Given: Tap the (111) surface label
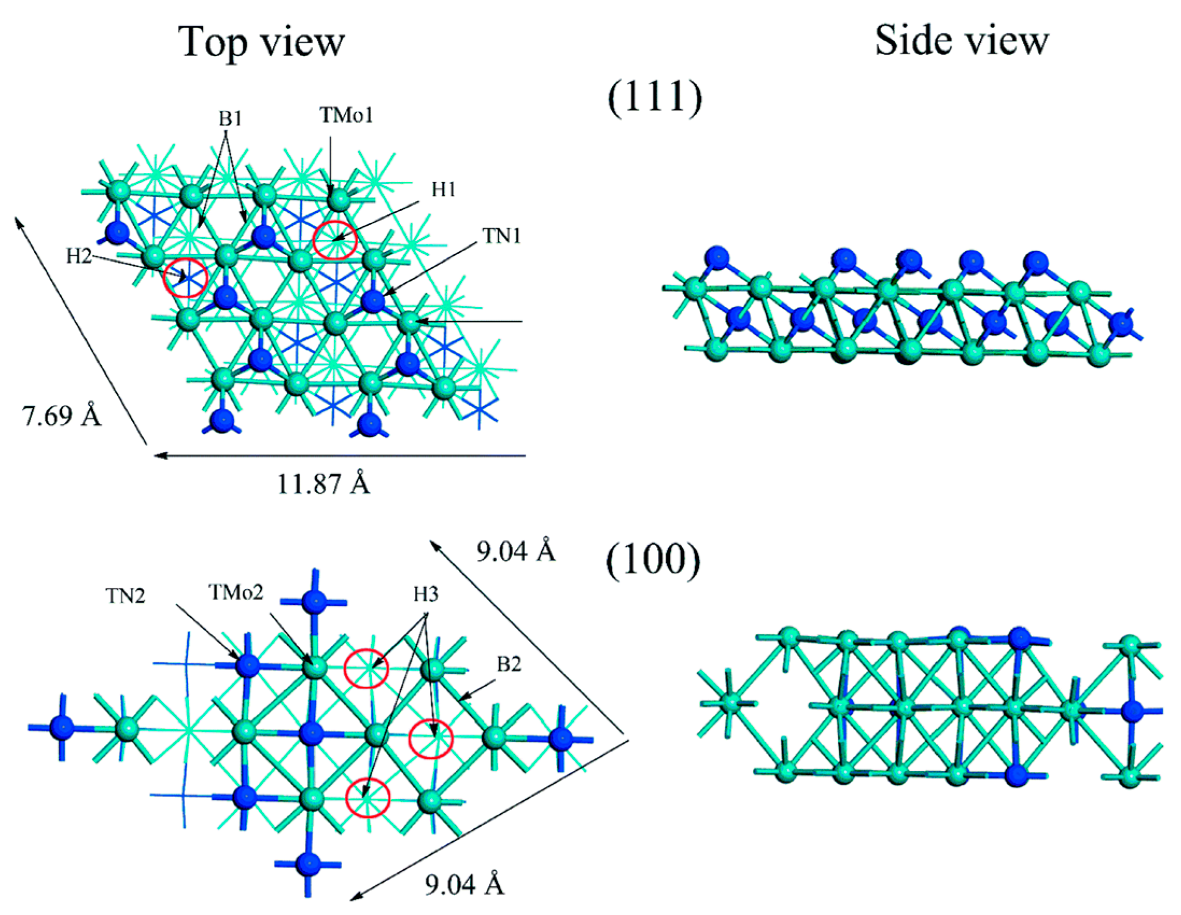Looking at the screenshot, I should coord(655,98).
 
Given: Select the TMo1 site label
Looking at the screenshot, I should coord(346,115).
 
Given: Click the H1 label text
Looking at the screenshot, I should coord(443,189).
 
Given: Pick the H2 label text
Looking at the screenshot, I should coord(79,256).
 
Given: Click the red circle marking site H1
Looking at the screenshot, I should coord(335,240).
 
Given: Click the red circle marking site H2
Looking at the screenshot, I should coord(186,278).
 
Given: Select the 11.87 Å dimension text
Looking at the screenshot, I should coord(323,483).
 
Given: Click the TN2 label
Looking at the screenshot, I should coord(125,596).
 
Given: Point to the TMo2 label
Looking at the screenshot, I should coord(236,593).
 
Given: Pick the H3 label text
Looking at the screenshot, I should coord(426,595).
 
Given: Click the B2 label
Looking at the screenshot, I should coord(508,664).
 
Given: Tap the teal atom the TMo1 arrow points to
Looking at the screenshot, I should coord(339,200).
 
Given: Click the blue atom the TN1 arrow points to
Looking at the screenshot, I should coord(373,301).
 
